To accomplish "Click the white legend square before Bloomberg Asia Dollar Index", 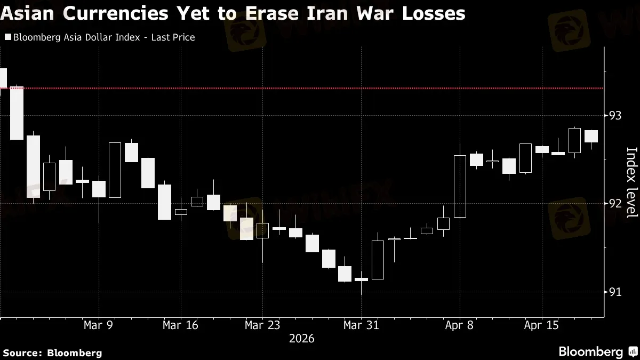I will (7, 37).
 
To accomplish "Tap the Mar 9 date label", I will (98, 325).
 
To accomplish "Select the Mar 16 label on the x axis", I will (180, 325).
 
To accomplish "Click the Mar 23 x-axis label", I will (262, 325).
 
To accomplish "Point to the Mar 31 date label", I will (361, 325).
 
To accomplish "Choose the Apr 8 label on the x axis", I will (459, 325).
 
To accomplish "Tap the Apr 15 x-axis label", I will (541, 325).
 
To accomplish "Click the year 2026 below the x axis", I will (301, 339).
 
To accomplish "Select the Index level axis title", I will (631, 182).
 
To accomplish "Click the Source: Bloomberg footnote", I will (52, 353).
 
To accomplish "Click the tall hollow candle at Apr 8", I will (460, 186).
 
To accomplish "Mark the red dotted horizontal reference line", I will (320, 88).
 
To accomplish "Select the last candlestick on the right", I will (591, 136).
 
